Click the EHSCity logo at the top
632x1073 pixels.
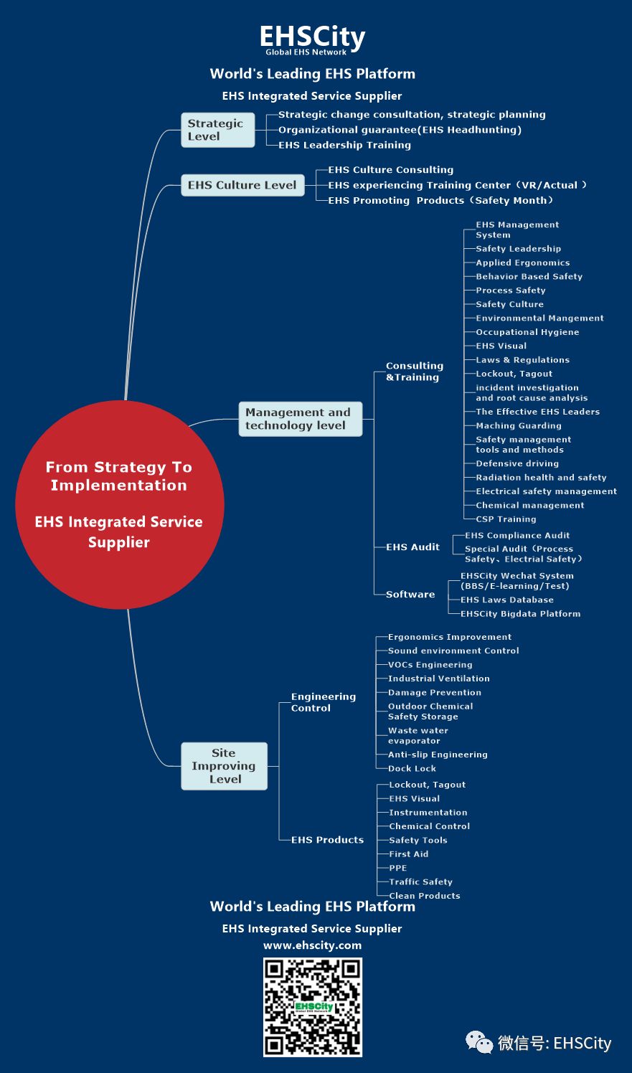pyautogui.click(x=312, y=39)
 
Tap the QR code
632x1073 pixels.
pyautogui.click(x=313, y=1006)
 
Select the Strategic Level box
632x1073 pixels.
pyautogui.click(x=217, y=130)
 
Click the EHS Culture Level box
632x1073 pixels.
pyautogui.click(x=242, y=185)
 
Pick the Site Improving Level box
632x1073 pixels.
pyautogui.click(x=224, y=766)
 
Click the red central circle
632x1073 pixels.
pyautogui.click(x=119, y=504)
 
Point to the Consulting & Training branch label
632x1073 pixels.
pyautogui.click(x=414, y=372)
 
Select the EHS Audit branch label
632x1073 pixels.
pyautogui.click(x=412, y=547)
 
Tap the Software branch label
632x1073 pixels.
pyautogui.click(x=410, y=595)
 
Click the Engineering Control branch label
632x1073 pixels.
pyautogui.click(x=323, y=702)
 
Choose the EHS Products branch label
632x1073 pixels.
pyautogui.click(x=327, y=840)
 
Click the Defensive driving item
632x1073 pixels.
pyautogui.click(x=517, y=464)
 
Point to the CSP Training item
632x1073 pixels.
pyautogui.click(x=506, y=519)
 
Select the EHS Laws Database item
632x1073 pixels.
pyautogui.click(x=507, y=600)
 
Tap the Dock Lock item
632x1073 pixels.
pyautogui.click(x=412, y=769)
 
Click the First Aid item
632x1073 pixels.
pyautogui.click(x=409, y=854)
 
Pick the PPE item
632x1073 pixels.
pyautogui.click(x=398, y=868)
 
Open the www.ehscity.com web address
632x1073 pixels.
pyautogui.click(x=312, y=945)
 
